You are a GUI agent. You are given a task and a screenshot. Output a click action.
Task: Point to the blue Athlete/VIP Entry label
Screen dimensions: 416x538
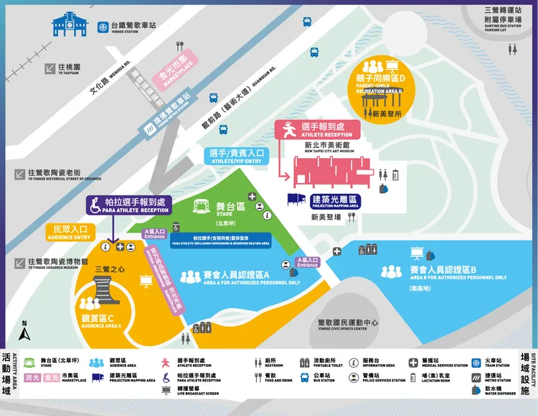point(237,156)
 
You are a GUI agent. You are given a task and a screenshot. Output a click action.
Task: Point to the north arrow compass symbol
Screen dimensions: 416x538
point(25,331)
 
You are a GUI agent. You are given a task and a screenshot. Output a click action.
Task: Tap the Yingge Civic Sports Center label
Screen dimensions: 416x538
point(343,325)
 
